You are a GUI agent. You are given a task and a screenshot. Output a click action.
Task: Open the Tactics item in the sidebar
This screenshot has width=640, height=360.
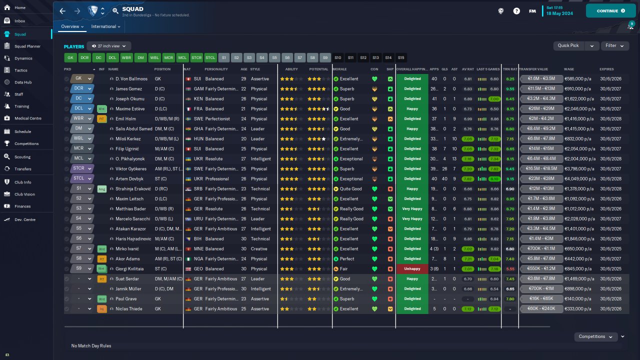(21, 70)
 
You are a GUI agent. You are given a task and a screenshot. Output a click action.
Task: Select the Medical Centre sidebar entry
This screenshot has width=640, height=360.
(27, 118)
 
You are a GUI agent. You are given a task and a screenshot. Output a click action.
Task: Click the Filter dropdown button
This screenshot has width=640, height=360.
(614, 45)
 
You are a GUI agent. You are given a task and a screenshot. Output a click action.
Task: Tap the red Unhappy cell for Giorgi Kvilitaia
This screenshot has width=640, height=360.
(412, 269)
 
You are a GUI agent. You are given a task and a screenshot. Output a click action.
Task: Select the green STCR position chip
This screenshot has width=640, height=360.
(197, 57)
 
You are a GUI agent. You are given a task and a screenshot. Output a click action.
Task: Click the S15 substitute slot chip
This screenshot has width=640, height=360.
(401, 57)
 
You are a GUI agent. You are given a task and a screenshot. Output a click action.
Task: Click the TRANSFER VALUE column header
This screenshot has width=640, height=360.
(533, 69)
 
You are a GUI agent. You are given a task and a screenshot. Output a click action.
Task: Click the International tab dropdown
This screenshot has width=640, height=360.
(105, 26)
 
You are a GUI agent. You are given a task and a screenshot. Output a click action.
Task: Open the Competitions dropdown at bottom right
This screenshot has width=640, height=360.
(595, 336)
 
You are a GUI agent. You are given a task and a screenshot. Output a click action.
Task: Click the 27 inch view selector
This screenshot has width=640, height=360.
(108, 46)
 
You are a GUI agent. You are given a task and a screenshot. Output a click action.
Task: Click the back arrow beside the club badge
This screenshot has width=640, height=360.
(62, 10)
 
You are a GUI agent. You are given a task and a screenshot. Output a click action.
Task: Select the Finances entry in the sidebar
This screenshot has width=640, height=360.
(22, 206)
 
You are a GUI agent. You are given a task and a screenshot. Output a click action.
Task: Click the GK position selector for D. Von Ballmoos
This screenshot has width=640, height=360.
(82, 79)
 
